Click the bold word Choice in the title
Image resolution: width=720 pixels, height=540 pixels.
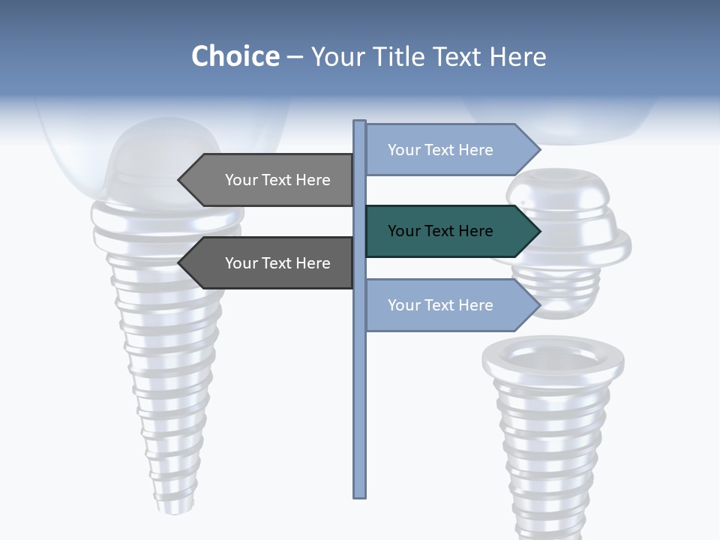point(235,56)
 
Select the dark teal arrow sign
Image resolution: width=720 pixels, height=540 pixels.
point(450,231)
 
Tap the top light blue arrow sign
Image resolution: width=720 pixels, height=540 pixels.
point(450,150)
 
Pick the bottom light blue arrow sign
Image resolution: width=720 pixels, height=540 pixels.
point(450,305)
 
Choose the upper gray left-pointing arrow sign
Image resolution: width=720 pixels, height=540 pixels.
point(270,180)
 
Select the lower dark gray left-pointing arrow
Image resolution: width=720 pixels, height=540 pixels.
point(270,263)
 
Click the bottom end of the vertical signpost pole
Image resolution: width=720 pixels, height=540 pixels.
point(359,494)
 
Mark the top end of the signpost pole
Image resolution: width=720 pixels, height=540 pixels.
point(359,123)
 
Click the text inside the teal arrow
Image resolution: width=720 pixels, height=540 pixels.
point(440,231)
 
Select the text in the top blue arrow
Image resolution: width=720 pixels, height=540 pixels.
point(440,150)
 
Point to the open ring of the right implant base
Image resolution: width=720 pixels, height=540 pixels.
point(553,355)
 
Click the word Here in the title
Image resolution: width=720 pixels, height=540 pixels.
point(517,56)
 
